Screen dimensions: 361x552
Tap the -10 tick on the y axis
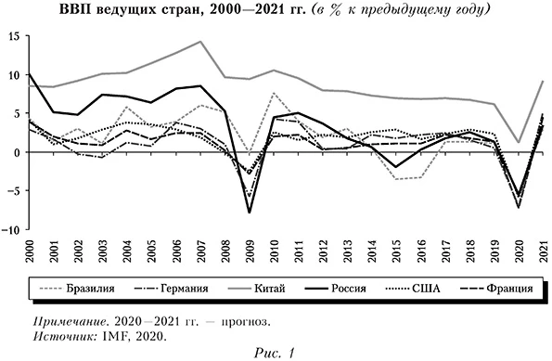tap(14, 228)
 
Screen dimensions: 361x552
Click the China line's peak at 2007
tap(199, 42)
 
